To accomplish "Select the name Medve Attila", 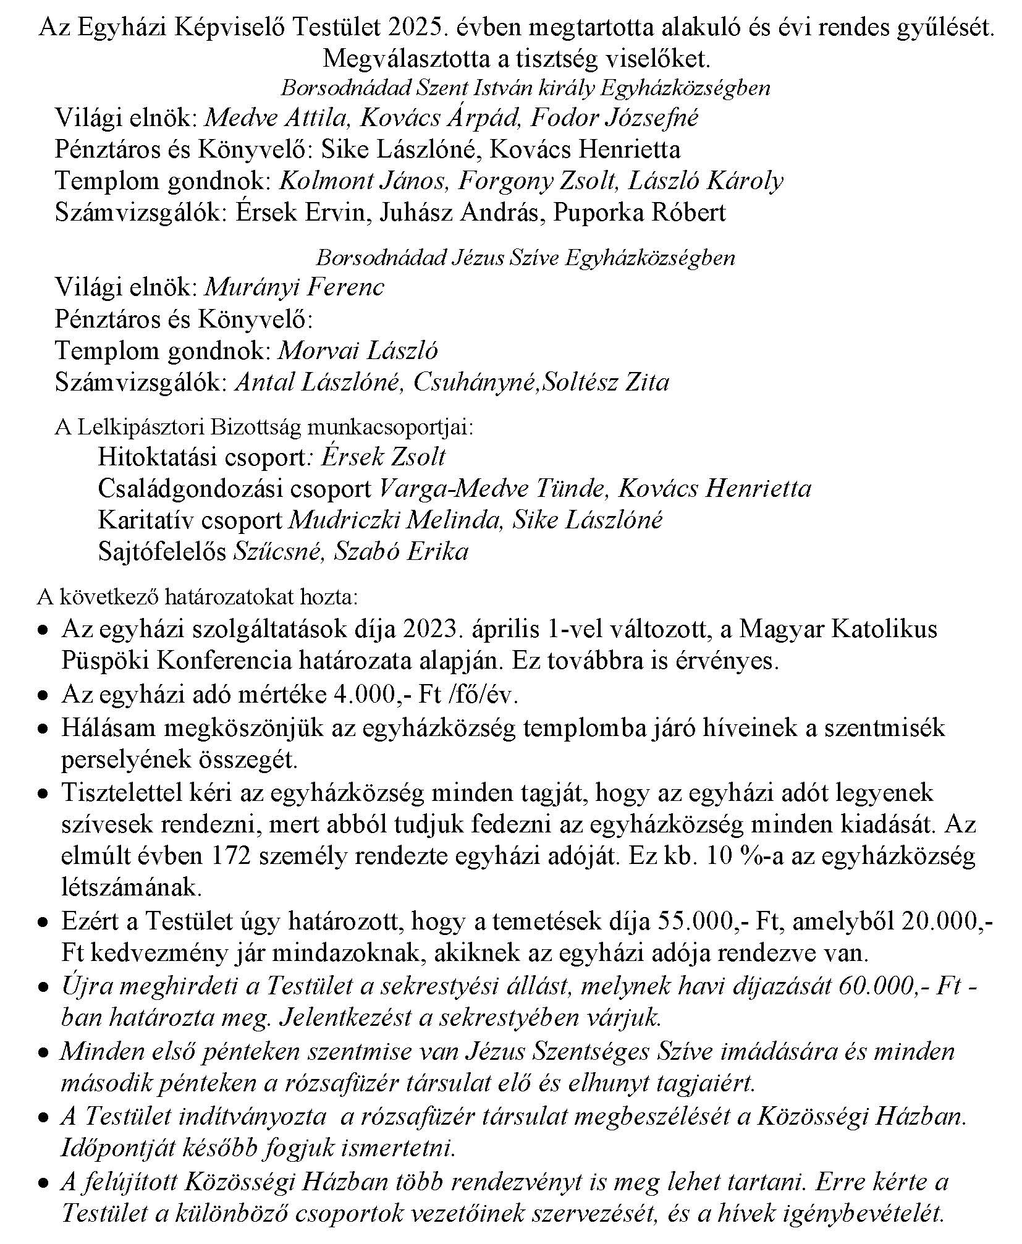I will pos(276,117).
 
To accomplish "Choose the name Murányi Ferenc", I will pos(294,287).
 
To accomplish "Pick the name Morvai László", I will pos(358,351).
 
